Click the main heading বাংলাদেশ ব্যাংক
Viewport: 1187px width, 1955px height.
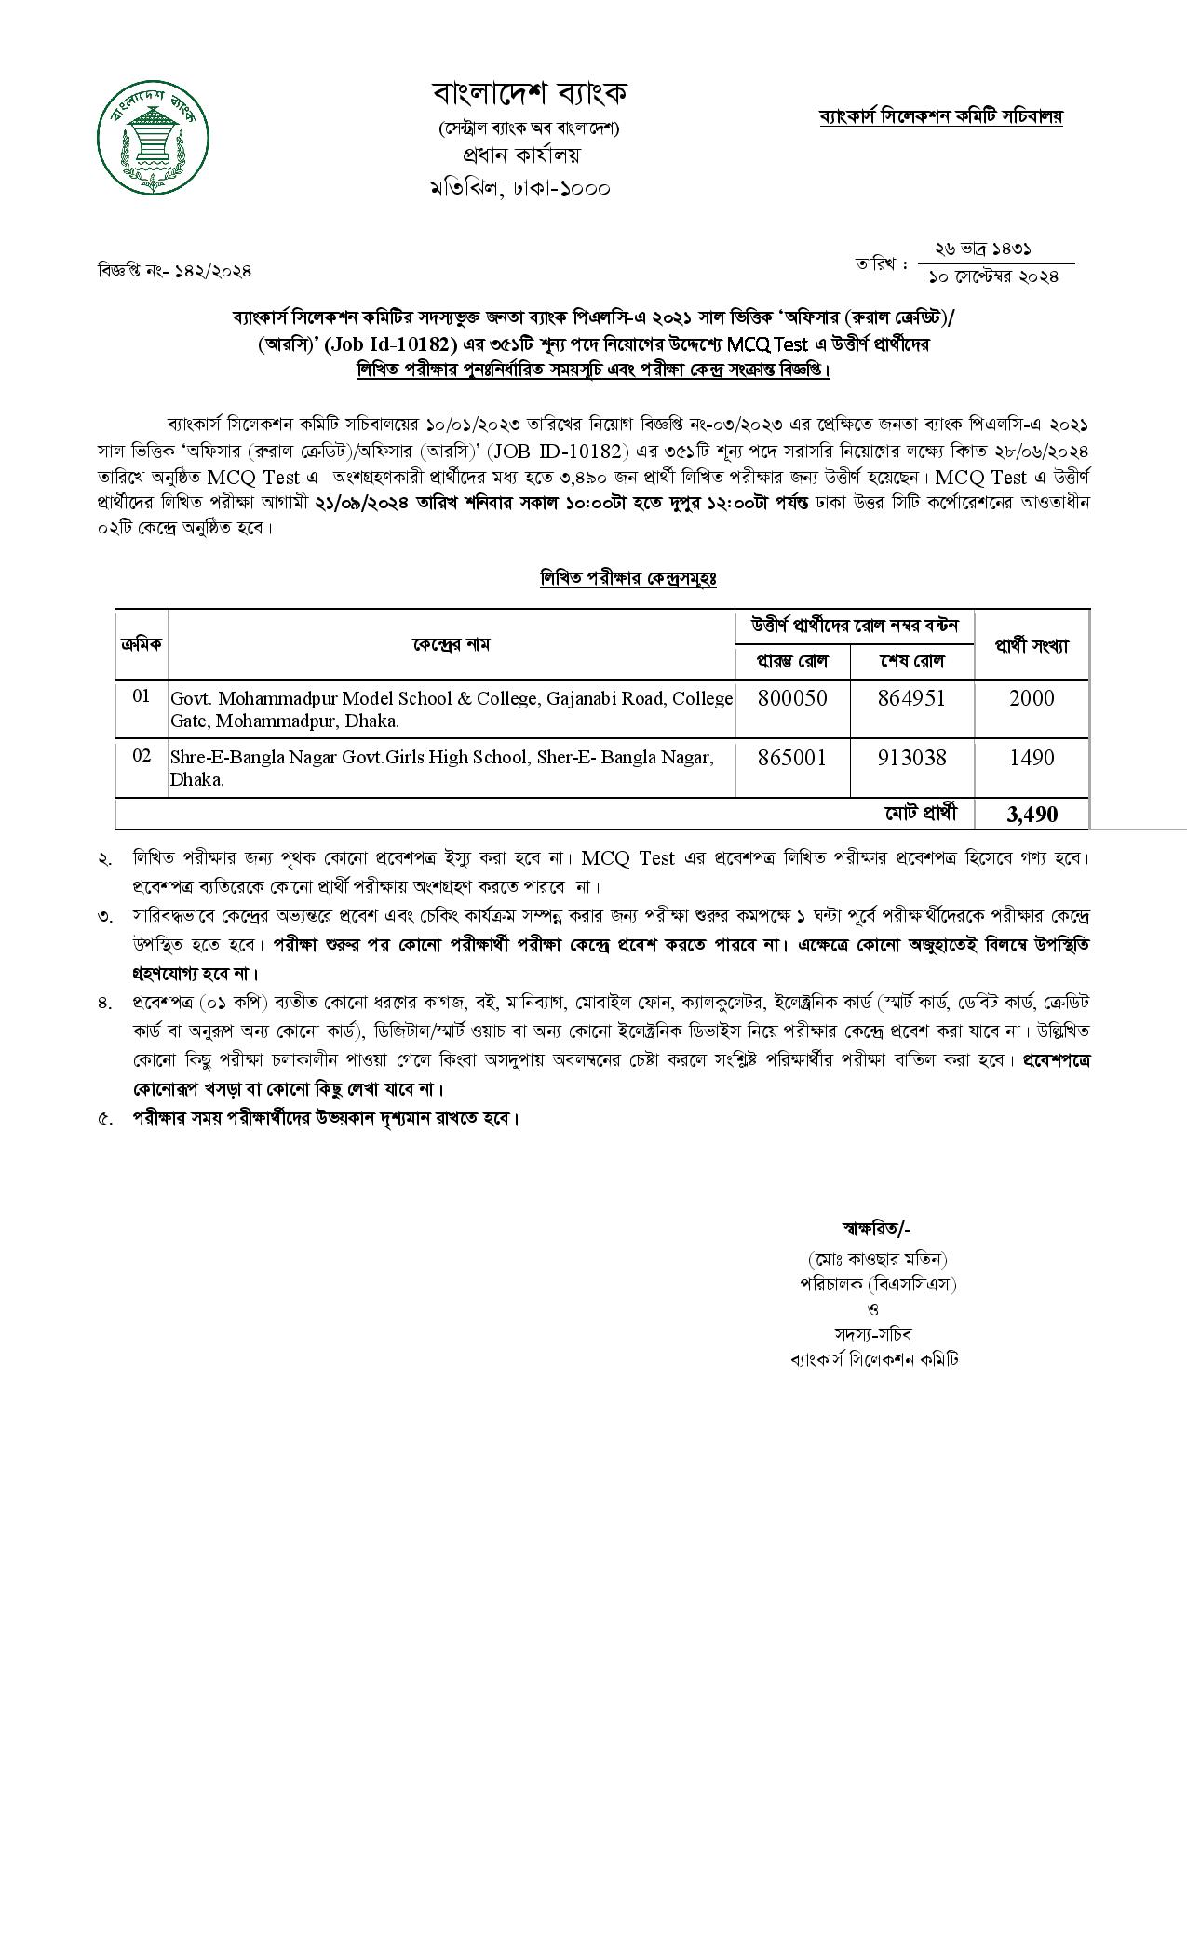[530, 93]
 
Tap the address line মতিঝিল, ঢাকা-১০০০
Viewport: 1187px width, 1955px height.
[520, 187]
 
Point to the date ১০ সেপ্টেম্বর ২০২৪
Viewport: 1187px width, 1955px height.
[995, 277]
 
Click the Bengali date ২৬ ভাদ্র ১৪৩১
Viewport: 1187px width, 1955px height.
[983, 249]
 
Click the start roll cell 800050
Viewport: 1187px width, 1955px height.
[792, 699]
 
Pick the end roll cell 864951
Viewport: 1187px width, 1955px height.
[911, 699]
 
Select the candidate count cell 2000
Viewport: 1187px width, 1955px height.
[1032, 699]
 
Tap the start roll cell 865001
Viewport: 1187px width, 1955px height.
[792, 758]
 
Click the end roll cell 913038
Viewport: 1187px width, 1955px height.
[911, 758]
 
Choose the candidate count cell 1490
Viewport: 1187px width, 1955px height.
[1032, 758]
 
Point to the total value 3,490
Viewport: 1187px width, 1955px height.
[1032, 815]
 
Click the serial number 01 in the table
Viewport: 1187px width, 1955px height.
[142, 695]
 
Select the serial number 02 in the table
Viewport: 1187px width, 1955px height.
[142, 755]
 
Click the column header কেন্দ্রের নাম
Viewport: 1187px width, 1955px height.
[452, 643]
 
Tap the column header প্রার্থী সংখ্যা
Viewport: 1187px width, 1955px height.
[1032, 645]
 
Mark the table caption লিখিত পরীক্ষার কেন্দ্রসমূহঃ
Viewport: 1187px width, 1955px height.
[628, 578]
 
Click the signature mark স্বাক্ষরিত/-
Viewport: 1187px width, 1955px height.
[876, 1228]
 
